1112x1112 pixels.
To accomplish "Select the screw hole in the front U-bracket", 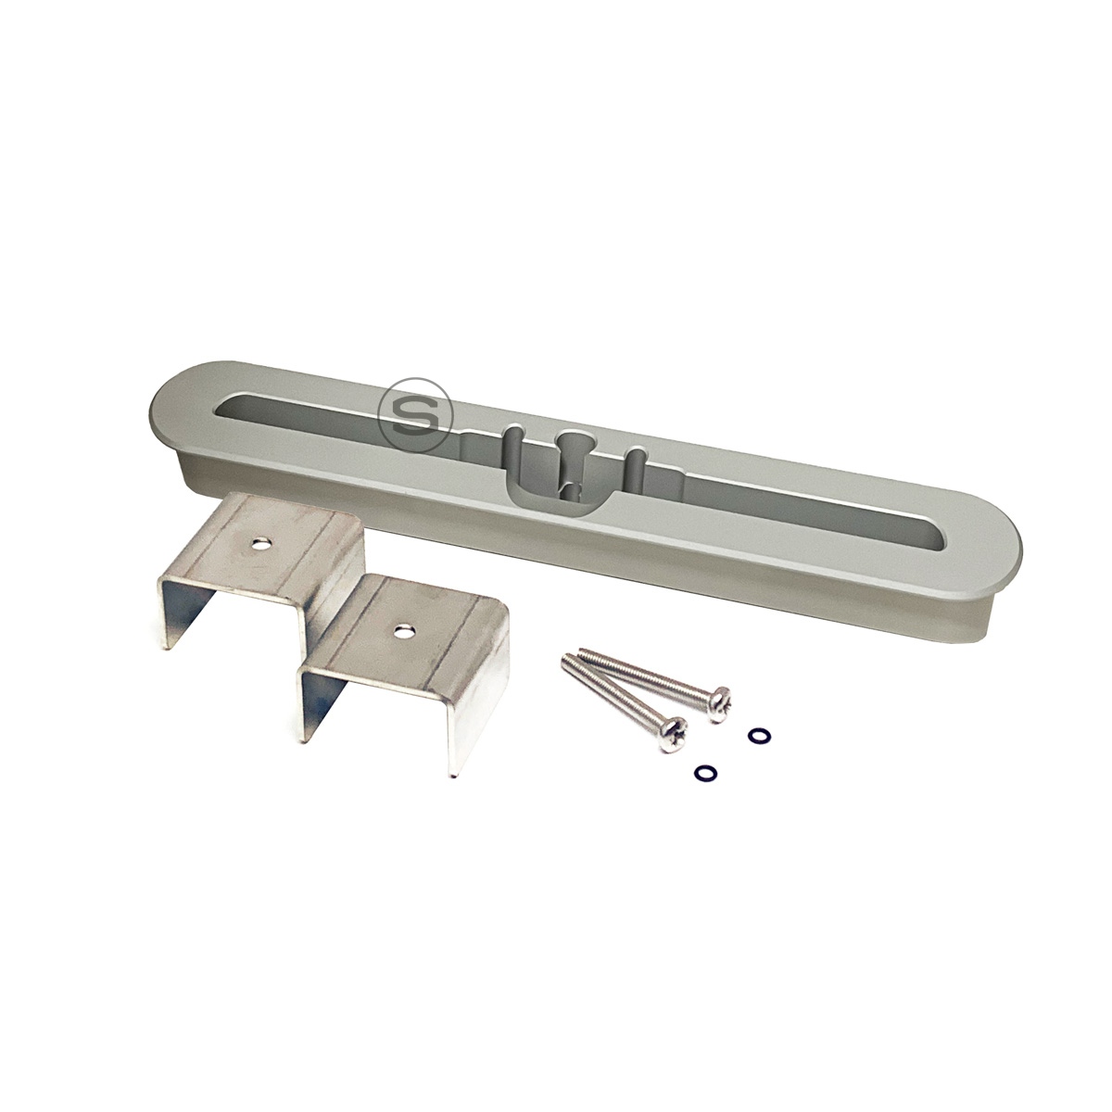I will click(400, 630).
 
